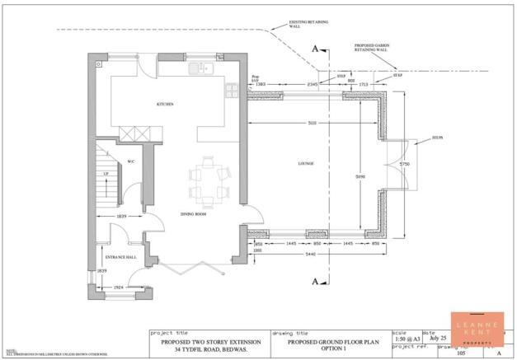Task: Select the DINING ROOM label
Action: [x=192, y=214]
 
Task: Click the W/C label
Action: [x=129, y=161]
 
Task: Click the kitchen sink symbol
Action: [x=200, y=69]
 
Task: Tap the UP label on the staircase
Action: [x=105, y=175]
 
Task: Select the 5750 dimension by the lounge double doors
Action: [x=404, y=165]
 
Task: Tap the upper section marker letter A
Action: [x=315, y=49]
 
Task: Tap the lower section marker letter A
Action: [x=315, y=281]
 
